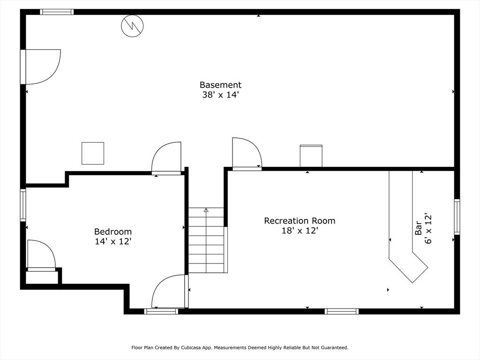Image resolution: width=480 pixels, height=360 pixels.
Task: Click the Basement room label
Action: [220, 85]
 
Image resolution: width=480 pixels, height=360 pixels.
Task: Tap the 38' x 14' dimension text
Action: [220, 95]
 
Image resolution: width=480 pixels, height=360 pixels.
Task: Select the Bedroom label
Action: [113, 232]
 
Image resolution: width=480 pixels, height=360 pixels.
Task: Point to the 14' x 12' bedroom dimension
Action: [113, 241]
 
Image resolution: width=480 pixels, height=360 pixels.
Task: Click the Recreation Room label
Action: [300, 221]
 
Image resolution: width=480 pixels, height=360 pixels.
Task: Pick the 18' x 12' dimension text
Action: [300, 231]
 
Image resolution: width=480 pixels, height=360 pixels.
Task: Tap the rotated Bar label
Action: [418, 228]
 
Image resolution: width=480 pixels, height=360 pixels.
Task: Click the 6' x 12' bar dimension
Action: [428, 228]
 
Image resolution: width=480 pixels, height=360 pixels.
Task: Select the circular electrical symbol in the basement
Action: [132, 26]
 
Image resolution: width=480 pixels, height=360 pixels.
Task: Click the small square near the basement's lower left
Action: [93, 153]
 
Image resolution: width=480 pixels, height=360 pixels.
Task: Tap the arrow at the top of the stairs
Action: [206, 210]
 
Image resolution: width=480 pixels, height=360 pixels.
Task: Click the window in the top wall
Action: [57, 12]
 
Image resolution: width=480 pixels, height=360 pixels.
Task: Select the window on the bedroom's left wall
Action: [23, 205]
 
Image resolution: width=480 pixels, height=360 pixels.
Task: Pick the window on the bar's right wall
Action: [457, 217]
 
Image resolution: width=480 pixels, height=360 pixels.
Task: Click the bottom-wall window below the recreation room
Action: [342, 311]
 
